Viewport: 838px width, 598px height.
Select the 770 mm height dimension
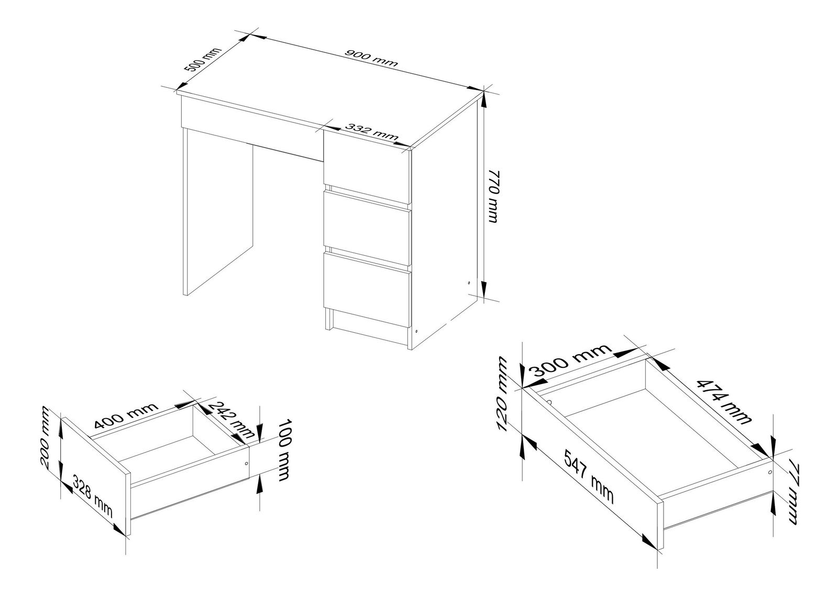click(494, 196)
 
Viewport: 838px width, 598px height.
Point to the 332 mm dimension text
click(371, 131)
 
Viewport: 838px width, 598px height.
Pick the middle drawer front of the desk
click(367, 228)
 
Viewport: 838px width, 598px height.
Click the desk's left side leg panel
click(218, 212)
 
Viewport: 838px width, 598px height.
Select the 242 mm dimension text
click(230, 420)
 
